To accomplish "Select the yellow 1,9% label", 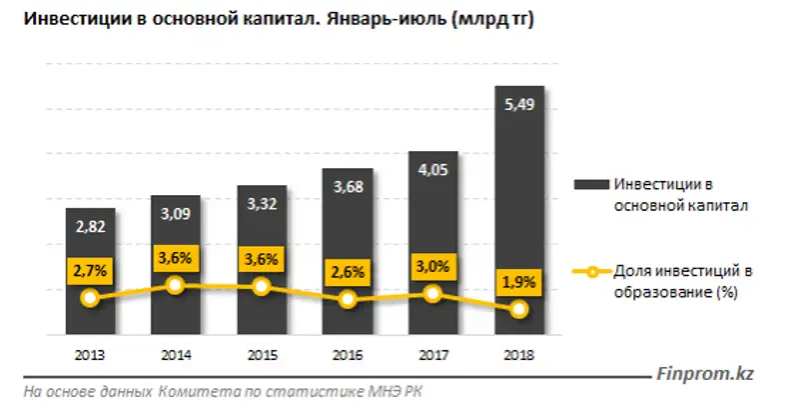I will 518,283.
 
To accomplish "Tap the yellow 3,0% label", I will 432,267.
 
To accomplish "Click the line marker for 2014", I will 176,285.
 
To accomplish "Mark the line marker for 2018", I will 518,310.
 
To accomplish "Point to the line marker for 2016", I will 348,299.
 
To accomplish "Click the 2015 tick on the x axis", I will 262,355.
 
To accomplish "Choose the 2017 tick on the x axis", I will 432,355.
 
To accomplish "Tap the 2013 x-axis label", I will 91,355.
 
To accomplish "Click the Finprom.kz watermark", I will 704,373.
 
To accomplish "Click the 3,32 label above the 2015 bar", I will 262,206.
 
